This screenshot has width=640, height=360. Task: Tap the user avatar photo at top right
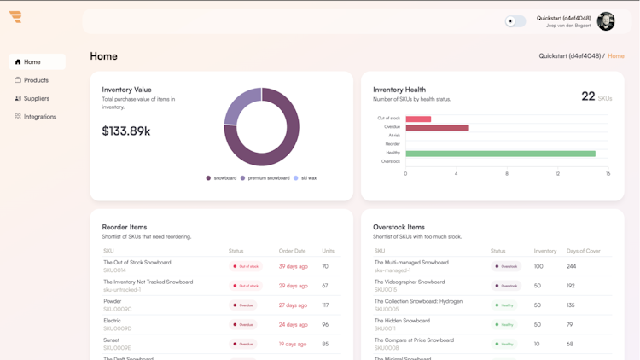606,21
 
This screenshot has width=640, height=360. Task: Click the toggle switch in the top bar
515,21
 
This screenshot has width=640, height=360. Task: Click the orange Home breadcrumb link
616,56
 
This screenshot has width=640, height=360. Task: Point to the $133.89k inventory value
126,131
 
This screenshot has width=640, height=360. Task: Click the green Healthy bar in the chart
500,154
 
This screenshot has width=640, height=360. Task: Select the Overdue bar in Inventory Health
437,128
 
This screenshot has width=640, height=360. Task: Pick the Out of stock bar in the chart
418,119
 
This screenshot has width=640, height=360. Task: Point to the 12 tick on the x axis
557,174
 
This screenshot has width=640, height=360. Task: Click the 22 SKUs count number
588,96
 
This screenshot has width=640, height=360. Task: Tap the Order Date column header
292,251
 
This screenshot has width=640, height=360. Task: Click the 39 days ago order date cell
293,266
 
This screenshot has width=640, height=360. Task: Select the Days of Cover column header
584,251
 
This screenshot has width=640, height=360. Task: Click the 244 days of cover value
571,266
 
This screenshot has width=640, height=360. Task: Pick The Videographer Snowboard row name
410,282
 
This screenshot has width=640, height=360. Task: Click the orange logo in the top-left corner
15,17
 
